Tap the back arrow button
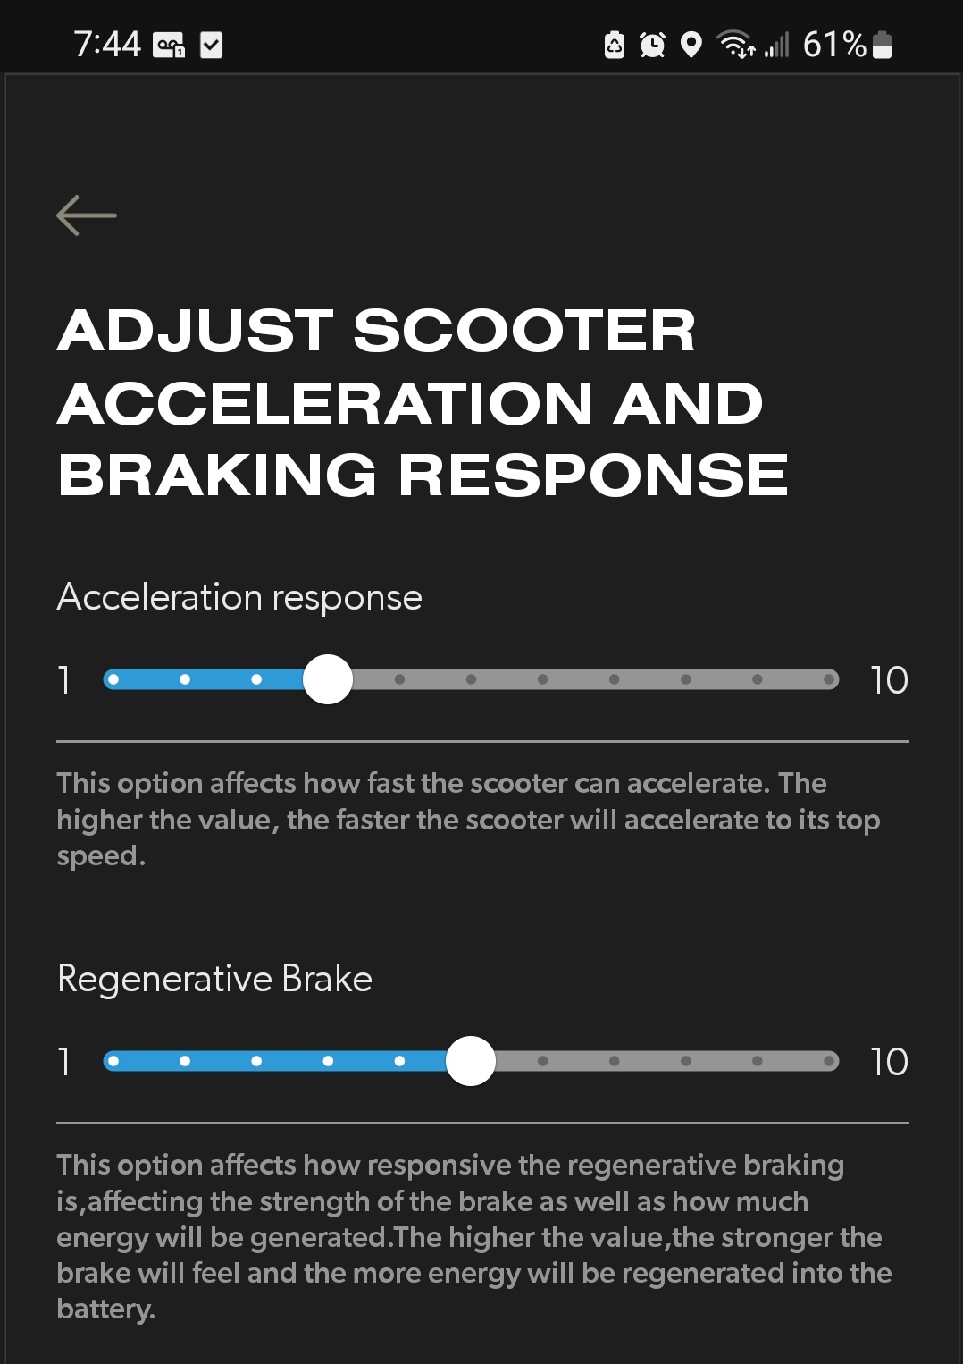click(86, 215)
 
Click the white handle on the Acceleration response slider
click(328, 679)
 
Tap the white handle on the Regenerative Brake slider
click(471, 1061)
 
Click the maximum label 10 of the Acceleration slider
click(890, 680)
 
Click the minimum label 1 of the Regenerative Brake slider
click(64, 1062)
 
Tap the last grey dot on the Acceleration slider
click(828, 679)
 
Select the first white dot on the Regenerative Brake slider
click(113, 1061)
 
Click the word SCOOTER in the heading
click(524, 331)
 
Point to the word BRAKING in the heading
click(217, 475)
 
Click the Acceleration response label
click(239, 597)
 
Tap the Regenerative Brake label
click(214, 979)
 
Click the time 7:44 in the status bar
click(107, 45)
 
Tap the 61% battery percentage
click(834, 45)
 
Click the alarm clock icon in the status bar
click(652, 45)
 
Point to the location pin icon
click(691, 45)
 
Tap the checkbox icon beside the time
click(211, 46)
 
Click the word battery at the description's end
click(106, 1309)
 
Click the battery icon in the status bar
click(882, 45)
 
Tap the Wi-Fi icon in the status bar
click(735, 44)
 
